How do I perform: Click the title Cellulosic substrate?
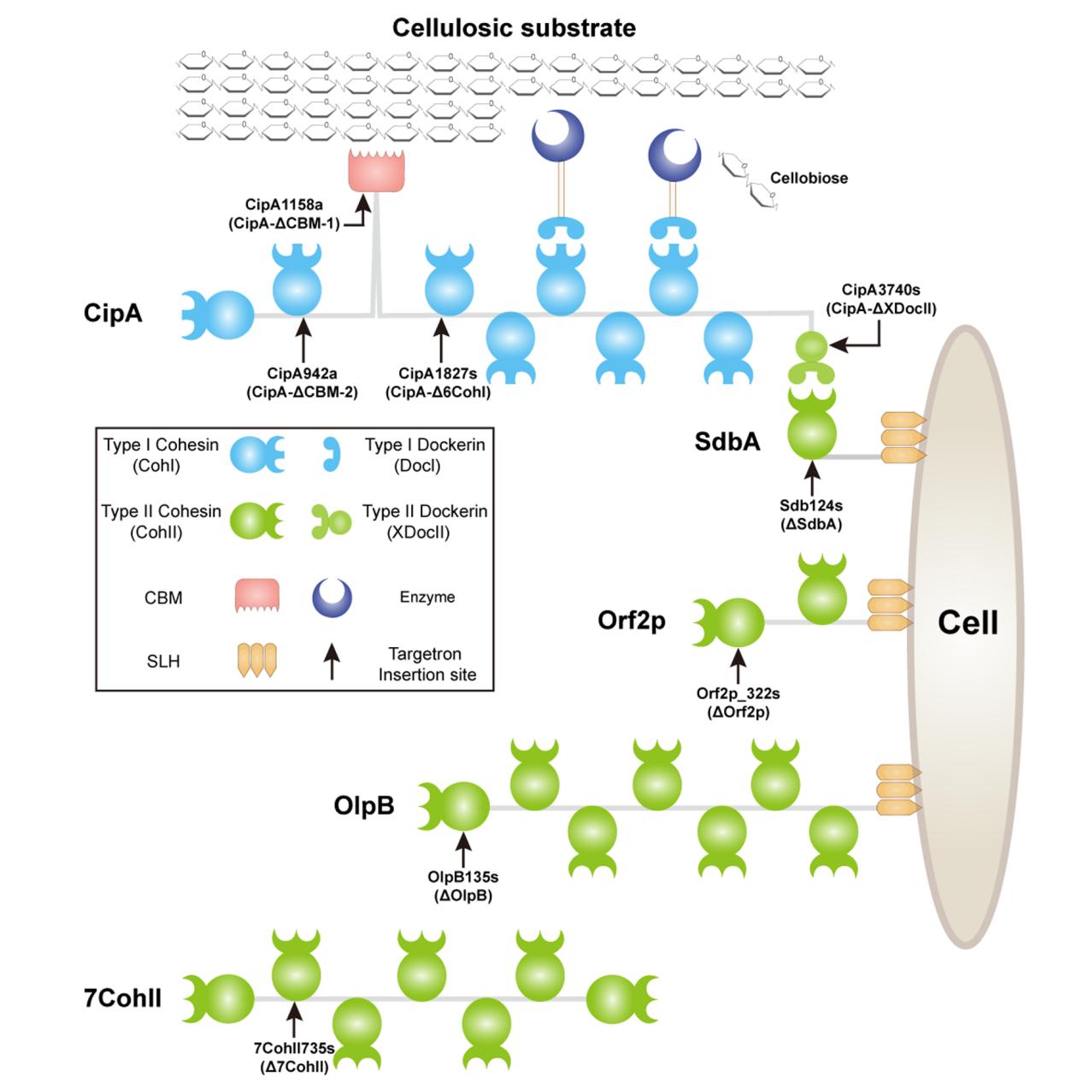(514, 27)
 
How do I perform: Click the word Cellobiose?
(809, 179)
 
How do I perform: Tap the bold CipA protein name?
(113, 313)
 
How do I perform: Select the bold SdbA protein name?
(727, 441)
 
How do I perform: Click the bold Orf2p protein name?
(632, 621)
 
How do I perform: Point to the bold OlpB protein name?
(364, 805)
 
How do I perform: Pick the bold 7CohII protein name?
(123, 998)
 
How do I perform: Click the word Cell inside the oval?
(968, 622)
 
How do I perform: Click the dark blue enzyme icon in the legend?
(333, 597)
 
